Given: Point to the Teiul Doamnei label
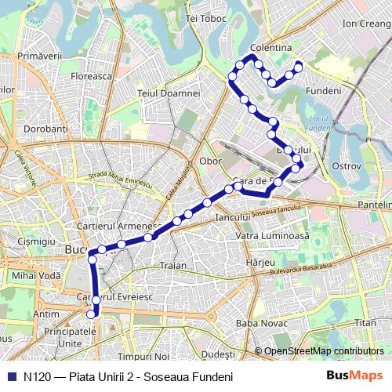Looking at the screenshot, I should click(x=169, y=93).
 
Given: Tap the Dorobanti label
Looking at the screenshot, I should click(x=46, y=128).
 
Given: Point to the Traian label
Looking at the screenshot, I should click(x=173, y=266).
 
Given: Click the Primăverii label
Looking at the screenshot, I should click(x=39, y=56).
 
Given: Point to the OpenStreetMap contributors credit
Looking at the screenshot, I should click(x=324, y=351).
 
